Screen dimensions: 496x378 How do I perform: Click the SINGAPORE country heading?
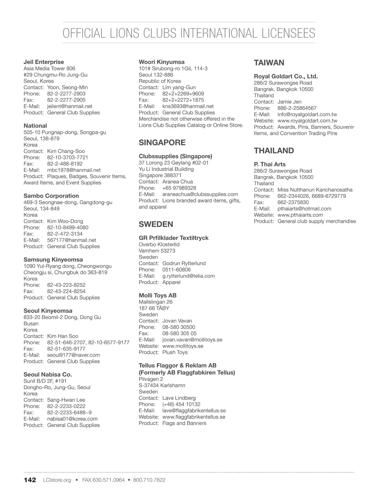(162, 143)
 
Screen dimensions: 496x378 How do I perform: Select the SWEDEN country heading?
(156, 224)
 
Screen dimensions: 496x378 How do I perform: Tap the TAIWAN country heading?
(269, 63)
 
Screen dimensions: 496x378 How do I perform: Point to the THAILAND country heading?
(274, 151)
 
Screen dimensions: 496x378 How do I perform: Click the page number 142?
(30, 480)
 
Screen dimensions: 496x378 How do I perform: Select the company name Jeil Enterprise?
(44, 62)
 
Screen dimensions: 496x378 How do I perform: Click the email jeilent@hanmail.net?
(70, 106)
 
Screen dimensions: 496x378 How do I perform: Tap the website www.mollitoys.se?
(183, 346)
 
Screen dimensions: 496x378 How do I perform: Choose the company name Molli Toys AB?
(157, 295)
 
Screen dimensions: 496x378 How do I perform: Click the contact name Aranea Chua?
(177, 182)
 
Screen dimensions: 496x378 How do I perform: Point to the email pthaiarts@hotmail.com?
(304, 208)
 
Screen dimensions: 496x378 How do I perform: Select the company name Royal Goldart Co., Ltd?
(286, 76)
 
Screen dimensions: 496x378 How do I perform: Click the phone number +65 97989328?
(179, 188)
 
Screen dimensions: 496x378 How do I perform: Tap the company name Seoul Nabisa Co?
(48, 374)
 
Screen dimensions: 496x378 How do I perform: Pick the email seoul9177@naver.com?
(73, 355)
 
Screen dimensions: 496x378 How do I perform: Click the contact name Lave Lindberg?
(179, 398)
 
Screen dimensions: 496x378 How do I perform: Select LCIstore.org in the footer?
(57, 480)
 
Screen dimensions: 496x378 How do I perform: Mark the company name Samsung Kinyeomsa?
(53, 259)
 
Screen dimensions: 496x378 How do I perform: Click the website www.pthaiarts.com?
(300, 215)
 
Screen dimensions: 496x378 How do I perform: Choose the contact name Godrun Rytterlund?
(184, 263)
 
